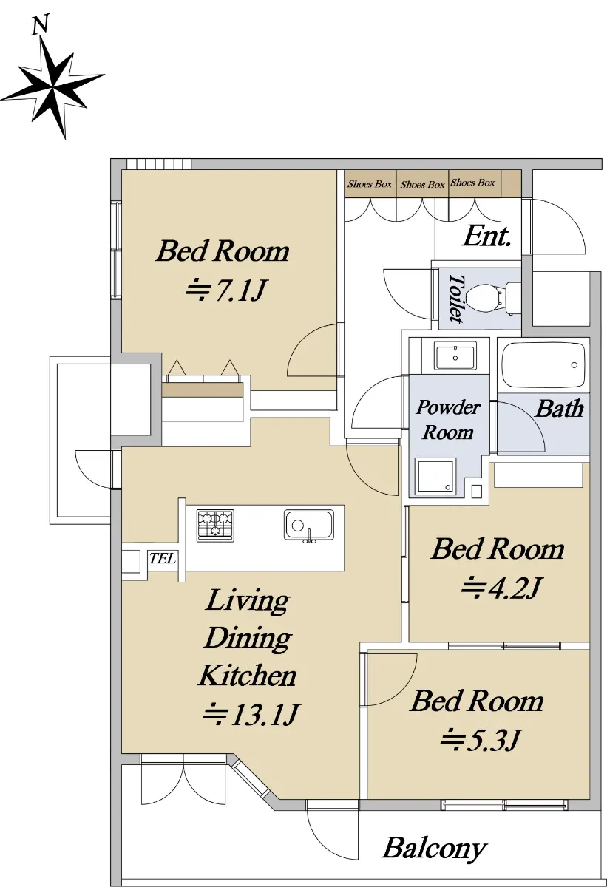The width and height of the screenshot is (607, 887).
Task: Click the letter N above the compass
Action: pyautogui.click(x=40, y=24)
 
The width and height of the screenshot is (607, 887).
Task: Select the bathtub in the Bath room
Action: pyautogui.click(x=543, y=365)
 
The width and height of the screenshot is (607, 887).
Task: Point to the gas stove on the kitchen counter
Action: pyautogui.click(x=215, y=525)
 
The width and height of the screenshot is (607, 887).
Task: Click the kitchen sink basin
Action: pyautogui.click(x=309, y=525)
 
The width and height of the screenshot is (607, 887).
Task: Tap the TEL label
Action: pyautogui.click(x=163, y=558)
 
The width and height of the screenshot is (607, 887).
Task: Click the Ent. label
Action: pyautogui.click(x=486, y=237)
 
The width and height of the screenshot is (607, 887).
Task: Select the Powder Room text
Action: pyautogui.click(x=448, y=419)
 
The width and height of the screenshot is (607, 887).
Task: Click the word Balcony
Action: pyautogui.click(x=434, y=849)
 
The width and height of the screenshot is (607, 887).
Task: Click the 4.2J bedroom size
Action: pyautogui.click(x=500, y=588)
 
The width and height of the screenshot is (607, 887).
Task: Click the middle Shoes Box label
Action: pyautogui.click(x=422, y=185)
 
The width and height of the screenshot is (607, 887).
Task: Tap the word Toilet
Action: pyautogui.click(x=456, y=299)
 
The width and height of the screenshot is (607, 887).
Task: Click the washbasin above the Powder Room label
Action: pyautogui.click(x=455, y=356)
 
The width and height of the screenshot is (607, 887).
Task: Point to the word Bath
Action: pyautogui.click(x=560, y=409)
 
